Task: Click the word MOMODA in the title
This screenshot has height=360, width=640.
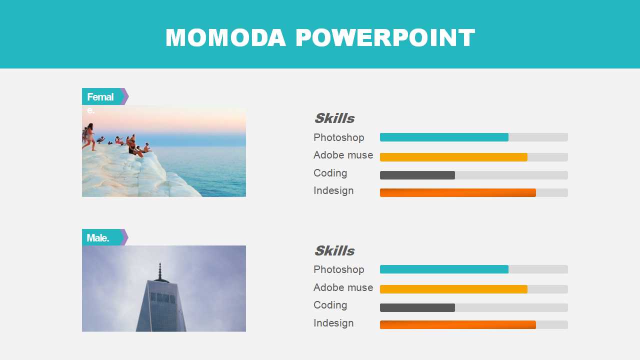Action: (x=225, y=37)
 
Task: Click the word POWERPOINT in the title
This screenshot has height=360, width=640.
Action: (x=385, y=37)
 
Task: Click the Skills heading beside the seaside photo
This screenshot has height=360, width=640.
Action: (x=334, y=118)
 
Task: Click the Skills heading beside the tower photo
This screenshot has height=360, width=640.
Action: (x=334, y=250)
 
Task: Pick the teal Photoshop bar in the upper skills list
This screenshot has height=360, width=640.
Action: (x=444, y=137)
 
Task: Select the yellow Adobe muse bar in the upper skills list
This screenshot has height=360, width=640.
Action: (x=453, y=157)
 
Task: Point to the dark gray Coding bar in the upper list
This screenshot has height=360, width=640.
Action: (x=417, y=175)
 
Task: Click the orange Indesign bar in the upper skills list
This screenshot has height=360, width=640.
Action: (x=457, y=192)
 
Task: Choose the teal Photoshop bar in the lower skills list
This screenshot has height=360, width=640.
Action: (x=444, y=269)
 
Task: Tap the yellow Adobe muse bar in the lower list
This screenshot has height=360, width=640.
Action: (x=453, y=289)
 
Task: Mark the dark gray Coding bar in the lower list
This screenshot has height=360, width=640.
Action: (x=417, y=307)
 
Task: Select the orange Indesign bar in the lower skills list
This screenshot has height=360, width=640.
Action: (x=457, y=324)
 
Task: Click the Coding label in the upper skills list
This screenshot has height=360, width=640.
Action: (x=330, y=173)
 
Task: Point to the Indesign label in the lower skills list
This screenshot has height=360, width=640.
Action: (x=333, y=323)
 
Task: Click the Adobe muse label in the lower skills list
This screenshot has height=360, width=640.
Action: (x=343, y=287)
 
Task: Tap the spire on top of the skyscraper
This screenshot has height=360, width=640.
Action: (x=160, y=271)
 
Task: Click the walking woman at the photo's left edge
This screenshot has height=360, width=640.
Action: (x=89, y=137)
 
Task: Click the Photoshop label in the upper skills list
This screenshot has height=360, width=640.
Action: (x=339, y=137)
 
